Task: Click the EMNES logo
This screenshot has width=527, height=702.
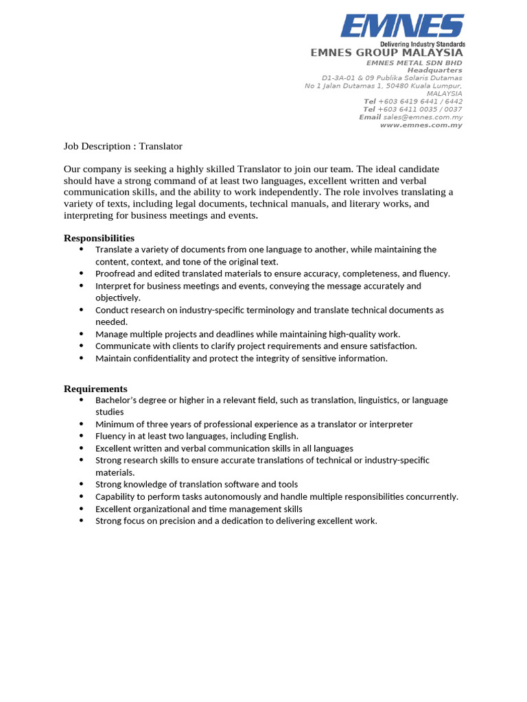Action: click(402, 27)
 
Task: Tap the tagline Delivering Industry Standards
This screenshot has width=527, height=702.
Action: click(423, 44)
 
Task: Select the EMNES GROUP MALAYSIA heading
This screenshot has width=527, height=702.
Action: click(386, 53)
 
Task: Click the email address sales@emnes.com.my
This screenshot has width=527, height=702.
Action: click(423, 117)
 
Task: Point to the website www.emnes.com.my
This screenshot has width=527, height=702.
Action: click(421, 125)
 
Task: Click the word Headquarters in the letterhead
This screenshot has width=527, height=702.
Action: click(434, 70)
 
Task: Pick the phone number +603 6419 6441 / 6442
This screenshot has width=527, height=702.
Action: click(420, 101)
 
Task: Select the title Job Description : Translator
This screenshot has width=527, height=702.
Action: click(123, 146)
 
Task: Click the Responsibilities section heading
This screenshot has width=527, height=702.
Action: click(99, 238)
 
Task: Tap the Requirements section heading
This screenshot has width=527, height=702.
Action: click(95, 389)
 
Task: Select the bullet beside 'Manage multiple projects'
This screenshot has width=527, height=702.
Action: click(81, 334)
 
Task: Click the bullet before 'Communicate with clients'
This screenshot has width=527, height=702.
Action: click(81, 346)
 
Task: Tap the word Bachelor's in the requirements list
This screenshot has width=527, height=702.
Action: click(116, 400)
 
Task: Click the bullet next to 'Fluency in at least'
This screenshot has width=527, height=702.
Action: click(81, 436)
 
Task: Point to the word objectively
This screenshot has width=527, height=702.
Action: click(117, 298)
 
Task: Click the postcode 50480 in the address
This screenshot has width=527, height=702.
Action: click(380, 86)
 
